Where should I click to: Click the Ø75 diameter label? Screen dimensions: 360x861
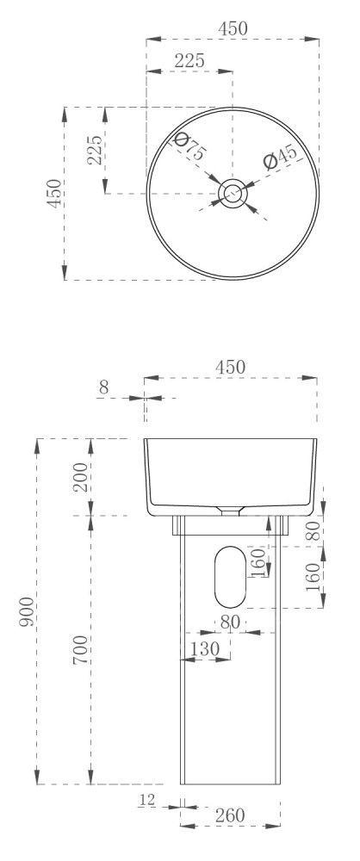click(x=189, y=146)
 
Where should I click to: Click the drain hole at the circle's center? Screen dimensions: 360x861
click(x=232, y=193)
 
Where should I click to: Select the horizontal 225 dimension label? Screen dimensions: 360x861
click(x=189, y=60)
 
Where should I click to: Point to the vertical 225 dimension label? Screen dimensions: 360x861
click(x=95, y=150)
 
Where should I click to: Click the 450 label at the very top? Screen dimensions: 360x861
click(x=233, y=28)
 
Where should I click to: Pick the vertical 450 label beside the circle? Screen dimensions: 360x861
click(x=54, y=193)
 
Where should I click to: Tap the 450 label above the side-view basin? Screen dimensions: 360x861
click(x=230, y=367)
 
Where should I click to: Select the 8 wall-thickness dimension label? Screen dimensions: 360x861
click(x=104, y=387)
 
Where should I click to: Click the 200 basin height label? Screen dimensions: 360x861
click(x=81, y=477)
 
